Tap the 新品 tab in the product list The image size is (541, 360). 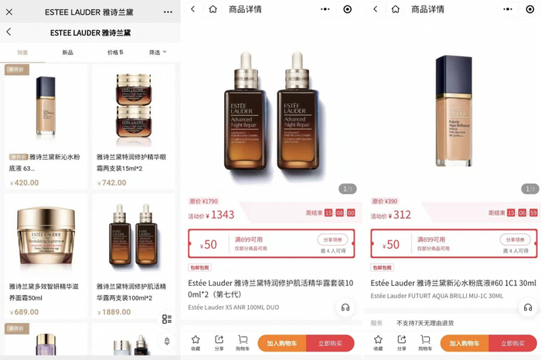68,53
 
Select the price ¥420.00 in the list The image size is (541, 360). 26,183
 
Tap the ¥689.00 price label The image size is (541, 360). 26,312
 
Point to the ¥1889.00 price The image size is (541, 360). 115,312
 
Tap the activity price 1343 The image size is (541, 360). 222,214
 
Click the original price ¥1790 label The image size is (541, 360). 204,201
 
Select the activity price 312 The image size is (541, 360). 402,214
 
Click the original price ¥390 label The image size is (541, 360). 385,201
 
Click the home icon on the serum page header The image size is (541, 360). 213,9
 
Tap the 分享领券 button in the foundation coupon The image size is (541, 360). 515,239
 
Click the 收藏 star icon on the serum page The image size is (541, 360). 196,340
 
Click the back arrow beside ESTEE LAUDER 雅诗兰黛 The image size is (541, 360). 9,32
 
